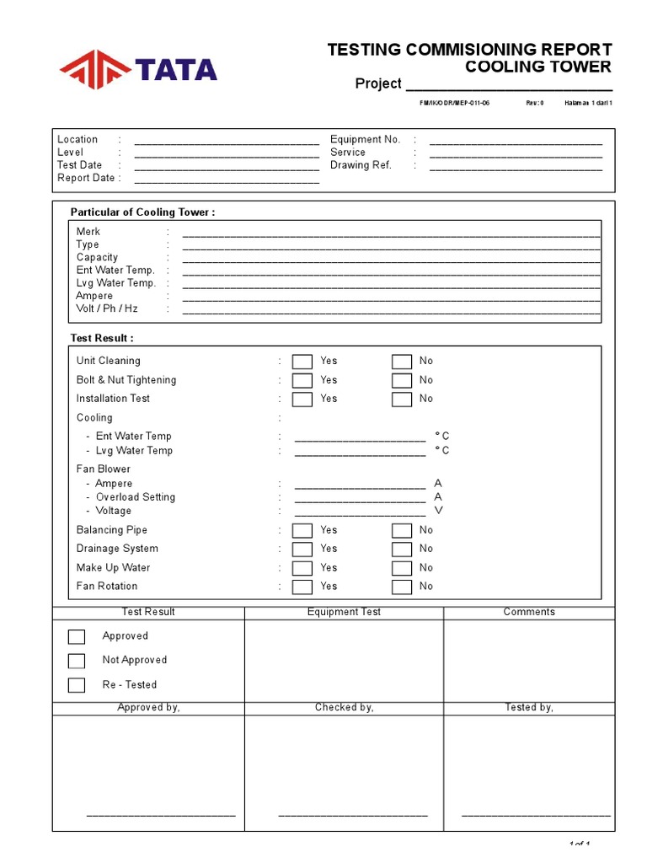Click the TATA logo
point(138,69)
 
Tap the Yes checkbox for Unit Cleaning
point(302,362)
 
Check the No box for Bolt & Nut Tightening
point(402,381)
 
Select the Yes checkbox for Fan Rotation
point(302,587)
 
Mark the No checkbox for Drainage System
point(402,549)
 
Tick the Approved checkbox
point(77,636)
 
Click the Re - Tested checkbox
point(77,685)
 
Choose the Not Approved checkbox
point(77,661)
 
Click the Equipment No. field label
point(365,139)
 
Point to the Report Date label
point(86,178)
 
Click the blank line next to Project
point(509,85)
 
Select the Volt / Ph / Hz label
point(107,308)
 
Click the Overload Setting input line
point(360,498)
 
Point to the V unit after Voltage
point(438,511)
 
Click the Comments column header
point(529,612)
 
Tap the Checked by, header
point(344,707)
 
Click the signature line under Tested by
point(536,815)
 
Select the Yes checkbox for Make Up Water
point(302,568)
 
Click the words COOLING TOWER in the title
point(538,67)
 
